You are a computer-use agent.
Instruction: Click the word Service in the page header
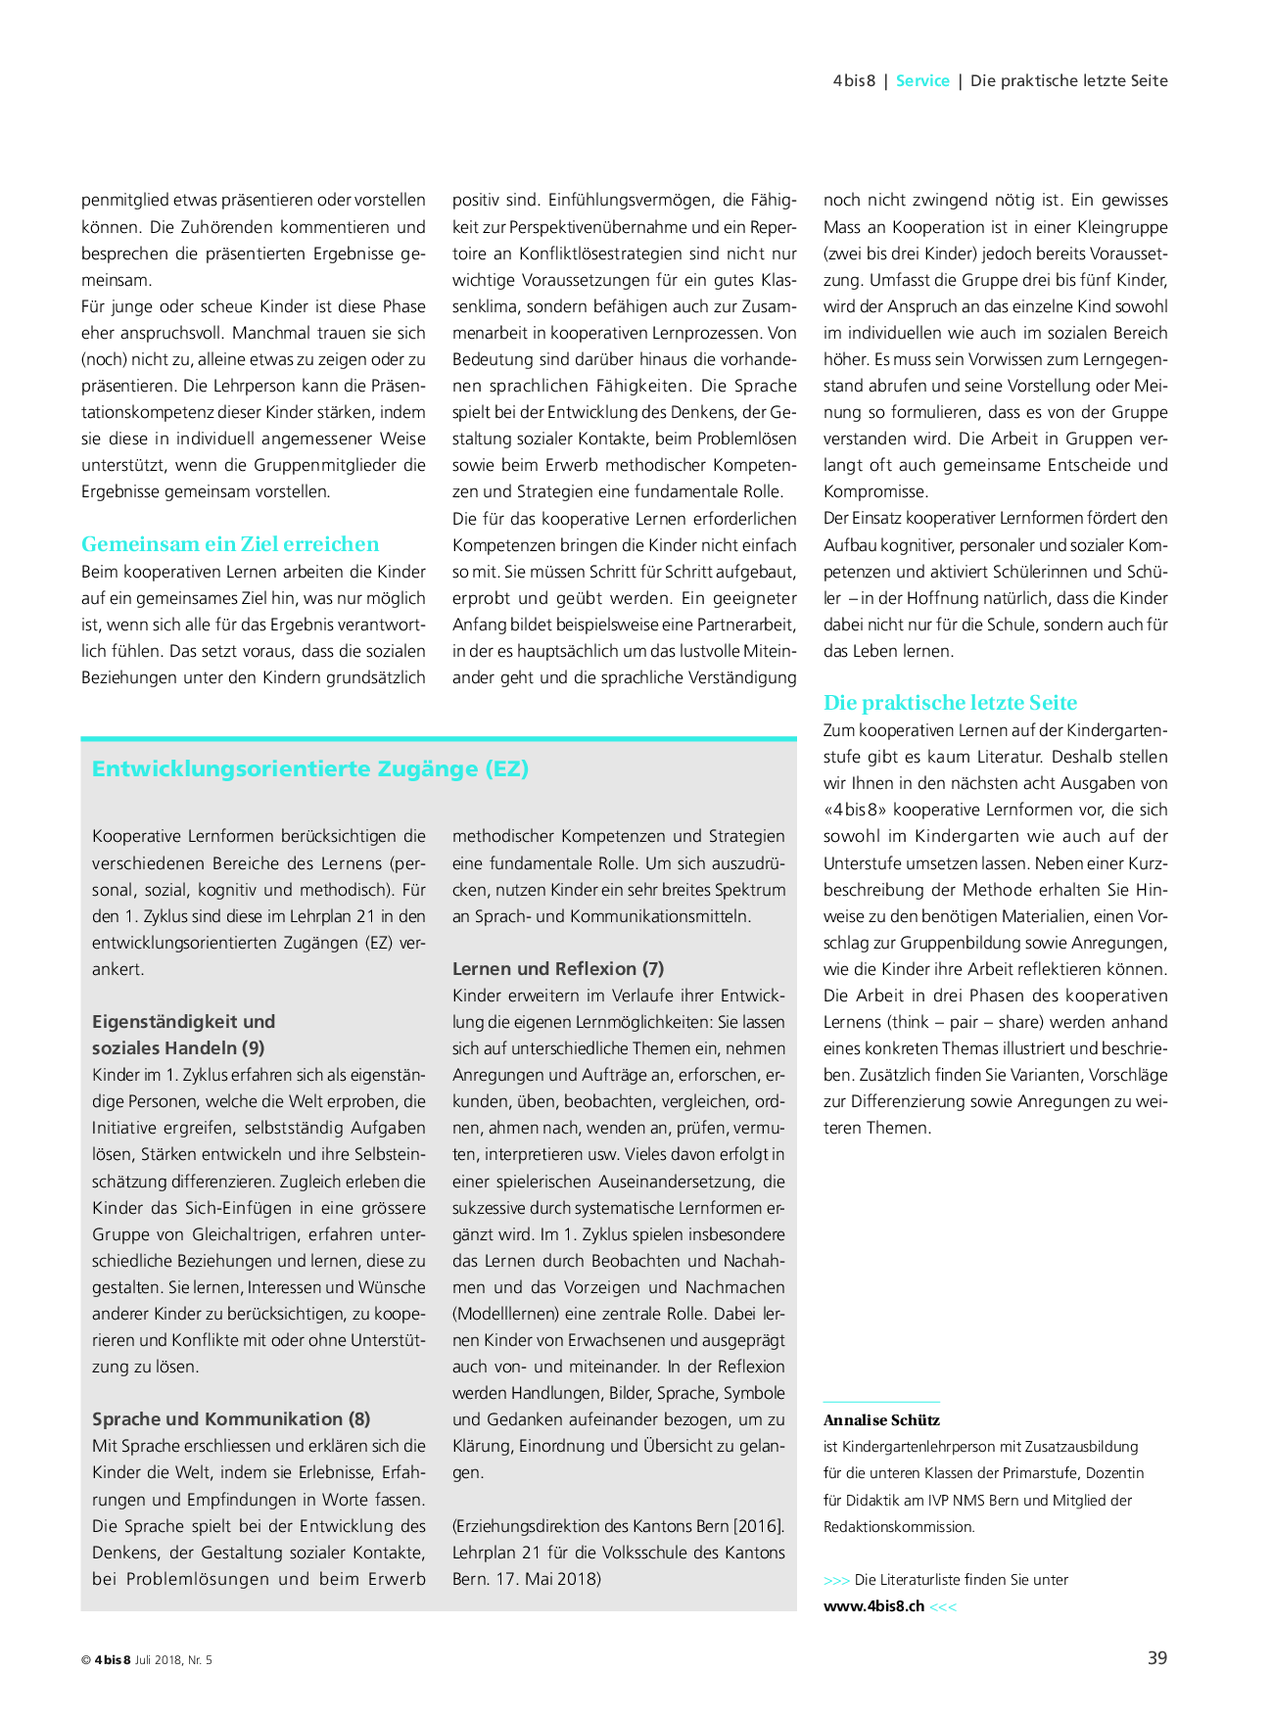tap(922, 81)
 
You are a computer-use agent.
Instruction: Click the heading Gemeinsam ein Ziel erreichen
tap(230, 544)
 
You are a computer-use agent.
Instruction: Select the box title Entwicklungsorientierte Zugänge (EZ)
tap(310, 768)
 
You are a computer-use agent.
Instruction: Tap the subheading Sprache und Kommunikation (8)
tap(231, 1418)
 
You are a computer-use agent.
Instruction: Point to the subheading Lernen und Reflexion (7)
tap(558, 968)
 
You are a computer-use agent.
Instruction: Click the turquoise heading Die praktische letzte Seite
tap(950, 703)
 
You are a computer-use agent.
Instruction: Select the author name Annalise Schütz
tap(881, 1419)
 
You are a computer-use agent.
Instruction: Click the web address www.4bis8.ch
tap(873, 1606)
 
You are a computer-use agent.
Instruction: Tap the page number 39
tap(1156, 1658)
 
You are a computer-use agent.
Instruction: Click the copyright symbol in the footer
tap(85, 1660)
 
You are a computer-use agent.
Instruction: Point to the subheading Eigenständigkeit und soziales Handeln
tap(184, 1034)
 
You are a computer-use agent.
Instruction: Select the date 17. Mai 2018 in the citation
tap(546, 1579)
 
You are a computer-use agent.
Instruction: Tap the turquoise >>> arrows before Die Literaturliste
tap(836, 1580)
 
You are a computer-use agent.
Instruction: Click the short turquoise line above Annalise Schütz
tap(881, 1402)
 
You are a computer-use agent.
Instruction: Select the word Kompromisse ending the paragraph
tap(875, 491)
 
